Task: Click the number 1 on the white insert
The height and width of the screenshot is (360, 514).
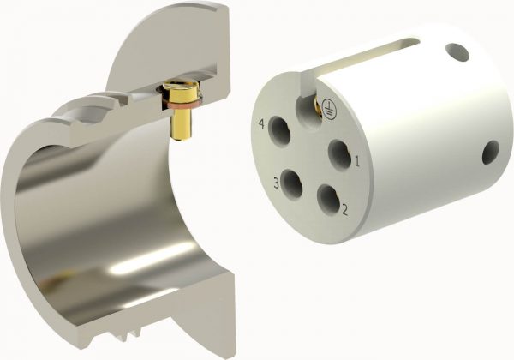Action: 356,159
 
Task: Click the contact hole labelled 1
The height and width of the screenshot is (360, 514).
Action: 339,154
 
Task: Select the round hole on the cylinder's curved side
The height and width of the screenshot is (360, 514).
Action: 491,153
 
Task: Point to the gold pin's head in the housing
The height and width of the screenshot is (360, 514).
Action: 181,89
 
